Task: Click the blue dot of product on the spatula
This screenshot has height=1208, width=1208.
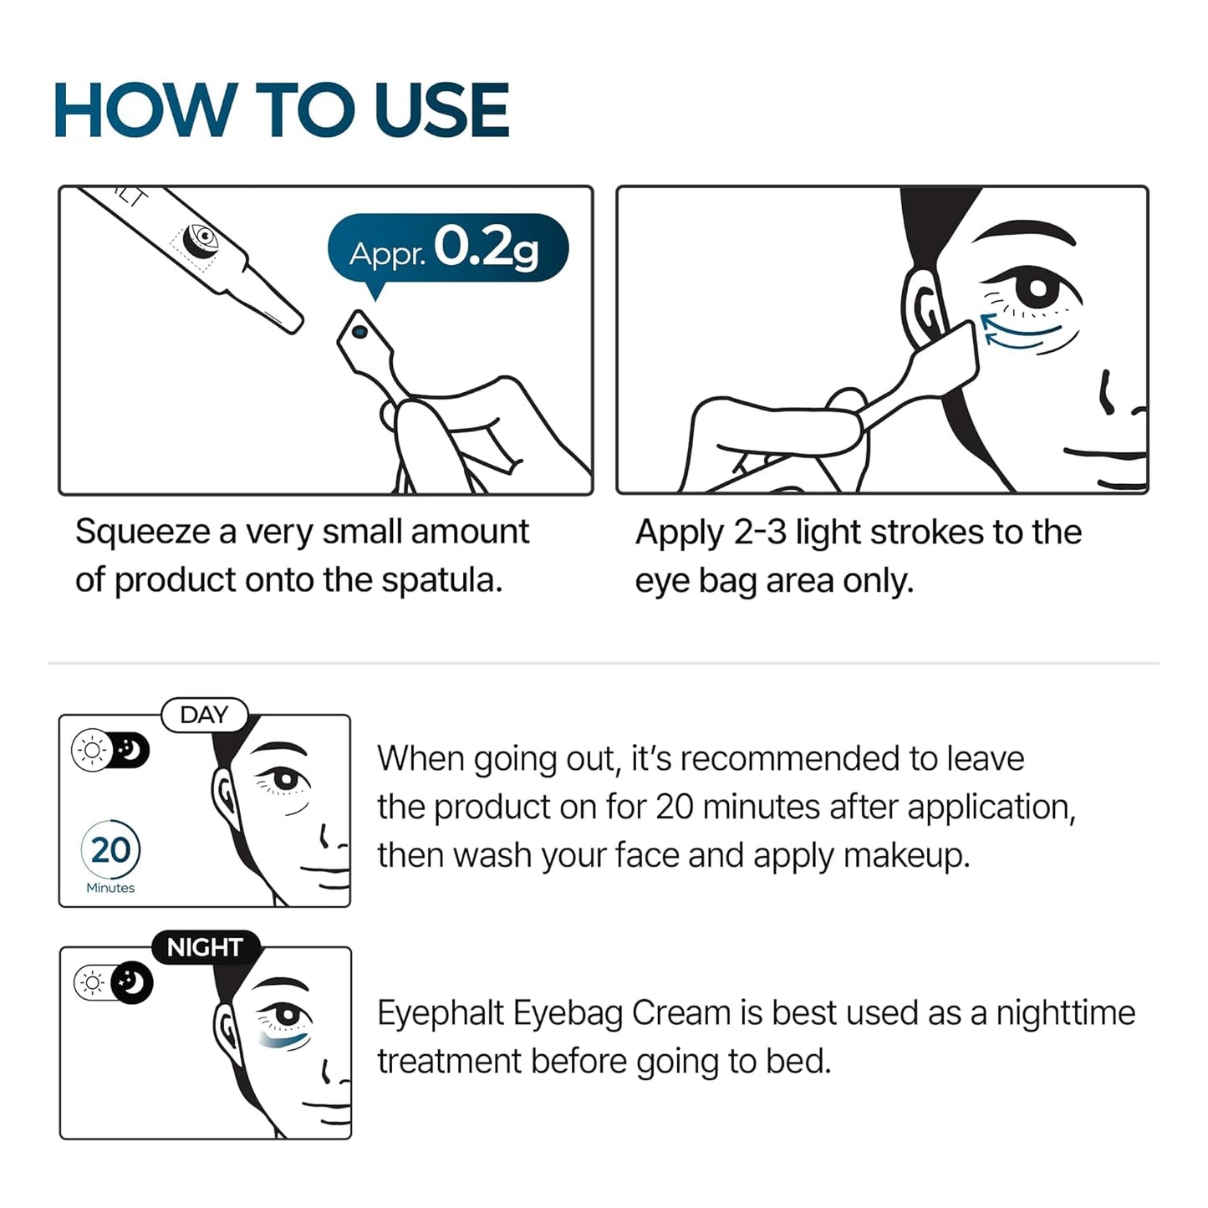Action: pos(360,332)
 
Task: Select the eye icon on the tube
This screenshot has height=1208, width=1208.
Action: pos(201,238)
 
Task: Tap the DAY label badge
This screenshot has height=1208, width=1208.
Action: pos(204,716)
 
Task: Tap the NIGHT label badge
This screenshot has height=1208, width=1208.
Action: pos(205,948)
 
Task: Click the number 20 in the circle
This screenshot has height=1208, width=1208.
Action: pos(110,850)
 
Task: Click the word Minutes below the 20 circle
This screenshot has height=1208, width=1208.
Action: pos(110,888)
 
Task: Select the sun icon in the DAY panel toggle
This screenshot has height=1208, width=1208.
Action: pos(91,750)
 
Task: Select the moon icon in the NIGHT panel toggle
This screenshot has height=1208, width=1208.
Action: pos(132,982)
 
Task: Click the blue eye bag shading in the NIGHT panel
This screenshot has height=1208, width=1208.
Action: pos(285,1040)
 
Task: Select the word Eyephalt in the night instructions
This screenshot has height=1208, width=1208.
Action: pos(440,1013)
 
